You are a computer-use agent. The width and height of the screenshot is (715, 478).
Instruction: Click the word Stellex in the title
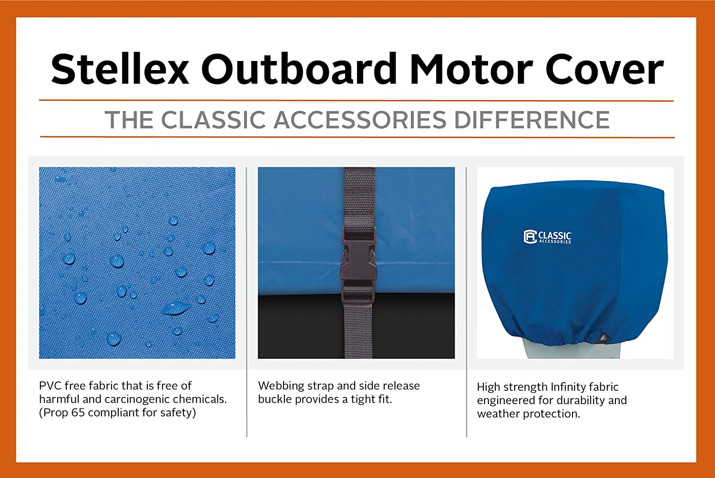coord(120,69)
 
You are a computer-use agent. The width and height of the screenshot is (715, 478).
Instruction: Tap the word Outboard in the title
coord(299,69)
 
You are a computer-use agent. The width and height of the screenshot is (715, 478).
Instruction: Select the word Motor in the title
coord(471,69)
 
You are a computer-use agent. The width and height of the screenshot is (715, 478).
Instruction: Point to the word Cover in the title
coord(604,69)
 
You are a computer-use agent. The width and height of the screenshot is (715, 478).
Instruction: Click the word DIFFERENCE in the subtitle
coord(532,120)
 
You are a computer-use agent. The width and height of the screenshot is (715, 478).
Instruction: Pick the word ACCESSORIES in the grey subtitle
coord(360,120)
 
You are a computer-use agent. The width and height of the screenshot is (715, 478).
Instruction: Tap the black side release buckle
coord(358,265)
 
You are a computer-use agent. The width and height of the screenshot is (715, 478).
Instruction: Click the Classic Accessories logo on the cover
coord(548,237)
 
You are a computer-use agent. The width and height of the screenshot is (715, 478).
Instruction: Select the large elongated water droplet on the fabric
coord(176,308)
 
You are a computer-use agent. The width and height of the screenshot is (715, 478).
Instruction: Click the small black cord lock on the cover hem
coord(602,338)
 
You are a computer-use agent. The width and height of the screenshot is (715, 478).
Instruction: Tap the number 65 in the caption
coord(78,413)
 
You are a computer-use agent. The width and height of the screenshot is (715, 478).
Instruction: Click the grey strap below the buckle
coord(358,330)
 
